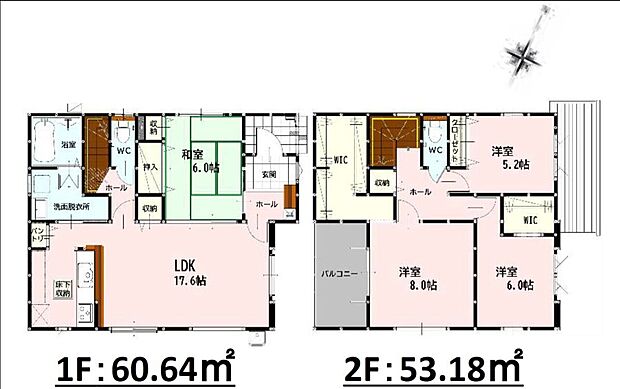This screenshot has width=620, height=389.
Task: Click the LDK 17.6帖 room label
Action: click(186, 272)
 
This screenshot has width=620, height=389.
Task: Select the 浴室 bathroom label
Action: click(68, 146)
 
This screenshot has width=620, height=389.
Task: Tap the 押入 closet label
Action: click(149, 169)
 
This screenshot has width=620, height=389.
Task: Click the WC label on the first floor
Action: click(124, 151)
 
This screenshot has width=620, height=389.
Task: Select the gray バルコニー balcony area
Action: click(340, 273)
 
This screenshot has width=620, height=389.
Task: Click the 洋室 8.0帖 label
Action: click(420, 276)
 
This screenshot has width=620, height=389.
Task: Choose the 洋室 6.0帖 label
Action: click(511, 278)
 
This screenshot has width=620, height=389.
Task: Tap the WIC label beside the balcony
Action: click(339, 158)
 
